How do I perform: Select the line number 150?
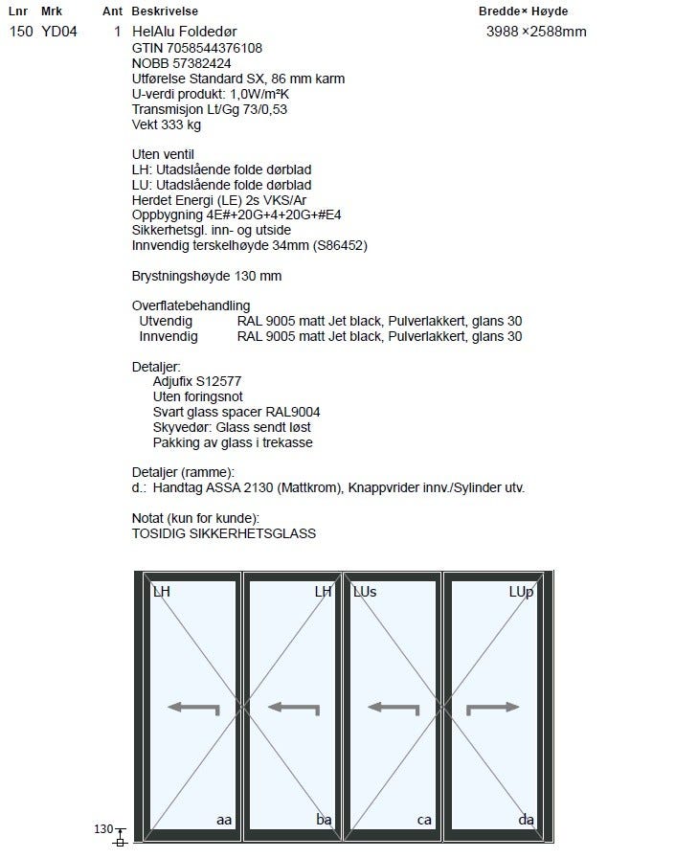[x=20, y=32]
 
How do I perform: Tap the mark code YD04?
[x=59, y=32]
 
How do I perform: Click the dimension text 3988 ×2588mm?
[x=536, y=32]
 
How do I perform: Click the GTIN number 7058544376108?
[x=197, y=48]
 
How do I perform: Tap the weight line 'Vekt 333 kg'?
[x=167, y=124]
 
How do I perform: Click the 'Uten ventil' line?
[x=163, y=154]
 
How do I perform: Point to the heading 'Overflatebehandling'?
[x=191, y=305]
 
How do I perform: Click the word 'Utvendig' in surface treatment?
[x=166, y=321]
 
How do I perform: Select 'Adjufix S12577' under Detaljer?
[x=196, y=381]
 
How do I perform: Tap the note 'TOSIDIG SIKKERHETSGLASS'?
[x=223, y=533]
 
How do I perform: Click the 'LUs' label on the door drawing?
[x=365, y=592]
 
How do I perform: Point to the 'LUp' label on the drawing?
[x=521, y=592]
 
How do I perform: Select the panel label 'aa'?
[x=224, y=820]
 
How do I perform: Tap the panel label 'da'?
[x=526, y=820]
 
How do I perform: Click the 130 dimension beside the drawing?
[x=103, y=829]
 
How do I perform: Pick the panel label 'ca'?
[x=424, y=820]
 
